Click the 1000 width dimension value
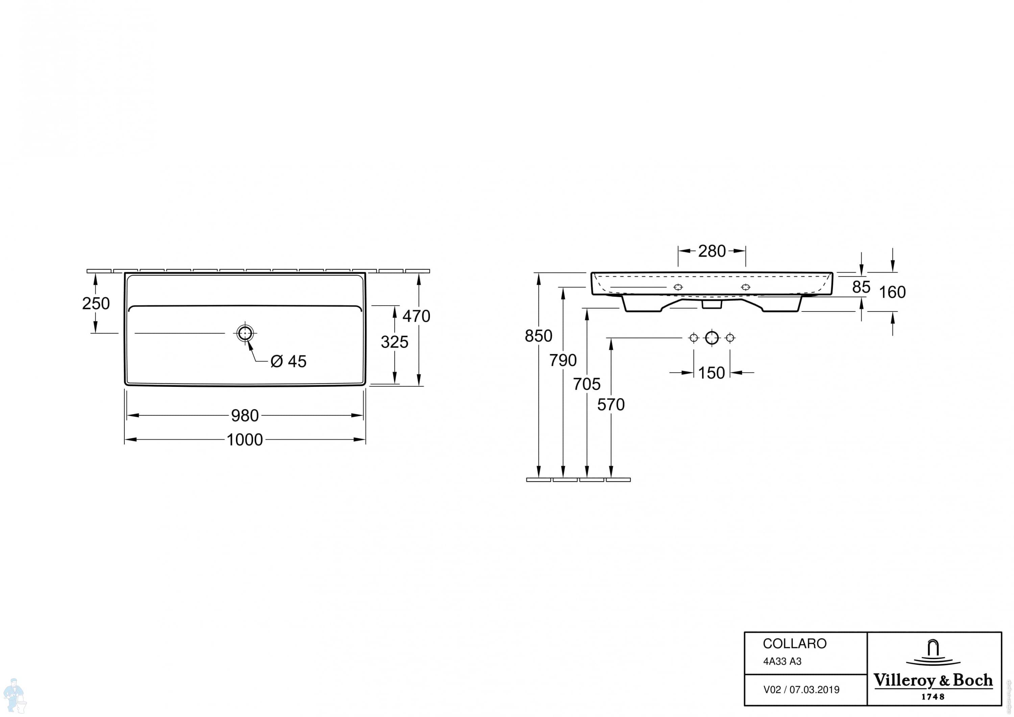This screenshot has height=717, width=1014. (245, 440)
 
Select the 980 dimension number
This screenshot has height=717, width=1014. (245, 416)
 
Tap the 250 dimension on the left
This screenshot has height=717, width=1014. (96, 303)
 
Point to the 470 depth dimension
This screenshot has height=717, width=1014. (416, 316)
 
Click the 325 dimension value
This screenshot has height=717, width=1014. (394, 342)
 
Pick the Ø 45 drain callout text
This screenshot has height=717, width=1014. (288, 361)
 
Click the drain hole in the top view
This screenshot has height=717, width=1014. (245, 333)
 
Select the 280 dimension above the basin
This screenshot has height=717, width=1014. (712, 251)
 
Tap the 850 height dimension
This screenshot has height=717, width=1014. (538, 336)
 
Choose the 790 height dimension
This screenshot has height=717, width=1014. (563, 361)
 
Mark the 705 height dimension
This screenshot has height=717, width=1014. (586, 384)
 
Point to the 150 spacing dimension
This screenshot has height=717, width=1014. (711, 373)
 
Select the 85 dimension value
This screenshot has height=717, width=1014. (861, 287)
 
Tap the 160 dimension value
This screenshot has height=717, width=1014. (892, 292)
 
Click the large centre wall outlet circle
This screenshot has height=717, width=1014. (712, 338)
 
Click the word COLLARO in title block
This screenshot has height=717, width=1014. (795, 644)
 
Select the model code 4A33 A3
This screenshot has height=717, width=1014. (782, 661)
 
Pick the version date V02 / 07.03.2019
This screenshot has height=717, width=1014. (801, 690)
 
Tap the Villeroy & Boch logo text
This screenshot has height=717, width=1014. (933, 681)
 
